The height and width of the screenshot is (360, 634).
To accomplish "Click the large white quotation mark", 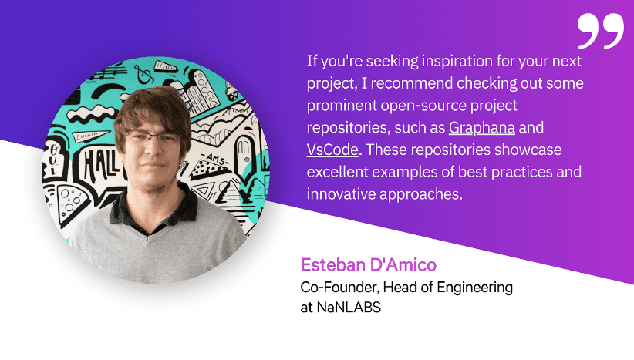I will coord(600,30).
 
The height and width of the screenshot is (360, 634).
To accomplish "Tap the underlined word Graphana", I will coord(482,127).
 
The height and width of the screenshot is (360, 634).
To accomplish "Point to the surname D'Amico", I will coord(406,266).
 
